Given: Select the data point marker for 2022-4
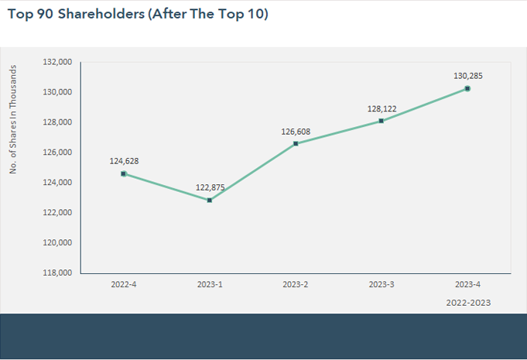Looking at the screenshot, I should (x=124, y=173).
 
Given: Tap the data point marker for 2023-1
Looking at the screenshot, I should (x=210, y=200).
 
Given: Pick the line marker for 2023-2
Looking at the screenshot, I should (x=296, y=143).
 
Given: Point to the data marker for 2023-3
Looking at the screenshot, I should (x=382, y=121).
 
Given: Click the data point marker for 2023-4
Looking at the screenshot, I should (x=467, y=88).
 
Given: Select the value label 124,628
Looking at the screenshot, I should (x=124, y=161).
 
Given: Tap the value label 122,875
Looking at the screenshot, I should (x=210, y=187).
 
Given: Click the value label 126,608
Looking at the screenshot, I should (x=296, y=132).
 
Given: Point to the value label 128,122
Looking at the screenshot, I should (x=382, y=109).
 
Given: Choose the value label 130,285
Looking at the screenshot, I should (x=467, y=76).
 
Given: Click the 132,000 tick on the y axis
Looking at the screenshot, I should (x=59, y=62).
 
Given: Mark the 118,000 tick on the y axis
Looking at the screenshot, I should (x=59, y=273).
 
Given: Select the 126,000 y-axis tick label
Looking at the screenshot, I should (x=59, y=153).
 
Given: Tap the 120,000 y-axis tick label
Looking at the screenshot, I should (x=59, y=243).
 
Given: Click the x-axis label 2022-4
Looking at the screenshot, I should (x=124, y=285).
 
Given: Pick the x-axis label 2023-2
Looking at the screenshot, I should (x=296, y=285).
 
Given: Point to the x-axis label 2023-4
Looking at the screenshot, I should (x=467, y=285).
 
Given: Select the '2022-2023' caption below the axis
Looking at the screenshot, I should (x=468, y=303).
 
